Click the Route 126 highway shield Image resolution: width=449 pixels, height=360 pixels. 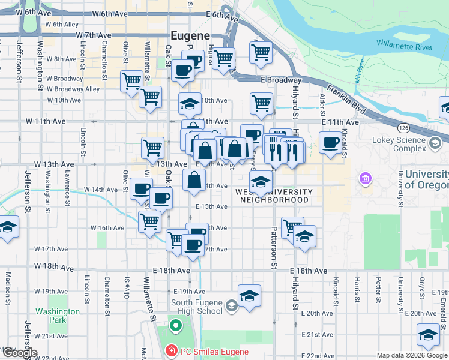402,128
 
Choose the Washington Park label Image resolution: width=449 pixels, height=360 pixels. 57,316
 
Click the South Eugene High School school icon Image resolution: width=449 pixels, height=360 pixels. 232,307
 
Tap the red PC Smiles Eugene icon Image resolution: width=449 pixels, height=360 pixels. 171,350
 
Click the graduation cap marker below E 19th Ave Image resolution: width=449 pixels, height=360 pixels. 249,295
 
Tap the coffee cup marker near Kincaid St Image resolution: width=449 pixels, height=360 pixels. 330,143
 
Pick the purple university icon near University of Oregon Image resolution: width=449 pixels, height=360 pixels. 364,179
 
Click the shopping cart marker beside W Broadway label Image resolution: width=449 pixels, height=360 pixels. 131,80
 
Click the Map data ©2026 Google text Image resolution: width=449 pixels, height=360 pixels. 412,355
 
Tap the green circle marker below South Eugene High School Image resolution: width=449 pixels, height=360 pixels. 175,326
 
